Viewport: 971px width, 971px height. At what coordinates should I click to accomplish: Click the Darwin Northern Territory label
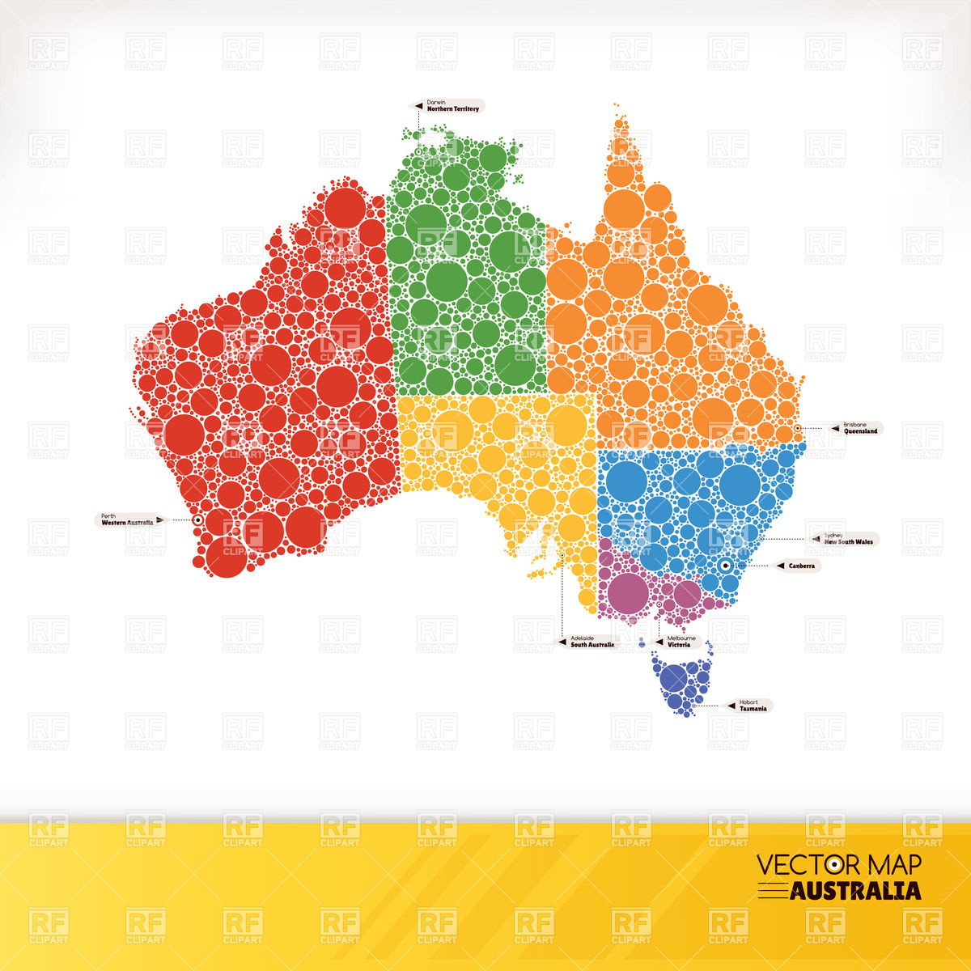450,106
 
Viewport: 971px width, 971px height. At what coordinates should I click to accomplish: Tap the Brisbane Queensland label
856,428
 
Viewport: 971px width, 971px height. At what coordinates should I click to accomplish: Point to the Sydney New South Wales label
845,539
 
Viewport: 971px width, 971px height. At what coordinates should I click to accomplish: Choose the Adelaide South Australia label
590,642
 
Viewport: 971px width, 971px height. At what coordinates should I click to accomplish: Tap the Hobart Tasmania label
751,706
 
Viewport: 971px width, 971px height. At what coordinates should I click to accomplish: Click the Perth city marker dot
197,520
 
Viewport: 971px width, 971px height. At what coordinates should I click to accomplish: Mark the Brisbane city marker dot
798,428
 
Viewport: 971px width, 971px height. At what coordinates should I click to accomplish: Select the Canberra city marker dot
726,566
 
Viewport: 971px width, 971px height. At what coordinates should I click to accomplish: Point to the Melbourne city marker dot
659,604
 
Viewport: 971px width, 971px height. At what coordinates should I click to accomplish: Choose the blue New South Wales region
688,502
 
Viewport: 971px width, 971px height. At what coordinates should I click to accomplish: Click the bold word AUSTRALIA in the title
855,891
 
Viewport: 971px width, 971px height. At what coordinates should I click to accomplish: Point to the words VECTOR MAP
838,865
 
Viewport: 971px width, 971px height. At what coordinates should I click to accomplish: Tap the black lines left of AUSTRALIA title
773,890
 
